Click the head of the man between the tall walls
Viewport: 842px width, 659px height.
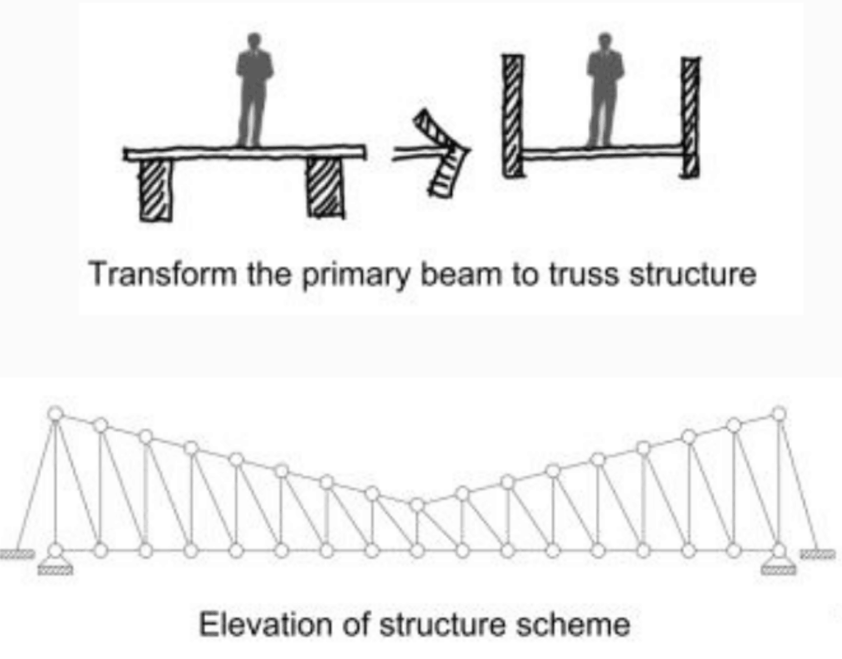[x=605, y=40]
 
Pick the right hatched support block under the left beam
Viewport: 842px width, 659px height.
[x=325, y=188]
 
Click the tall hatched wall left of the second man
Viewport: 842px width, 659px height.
[x=512, y=116]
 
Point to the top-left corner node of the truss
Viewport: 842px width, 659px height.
[x=56, y=413]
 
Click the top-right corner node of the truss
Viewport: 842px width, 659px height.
[x=778, y=413]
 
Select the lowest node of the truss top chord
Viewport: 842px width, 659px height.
[x=417, y=505]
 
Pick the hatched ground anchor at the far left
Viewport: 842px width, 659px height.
[x=16, y=554]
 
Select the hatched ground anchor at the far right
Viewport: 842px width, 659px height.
[x=818, y=554]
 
